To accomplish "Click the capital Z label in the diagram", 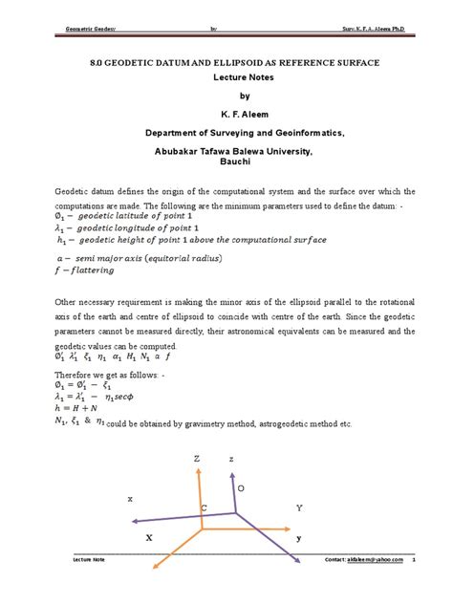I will [x=197, y=459].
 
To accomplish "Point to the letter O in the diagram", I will [x=241, y=488].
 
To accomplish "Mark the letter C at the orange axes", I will [x=203, y=507].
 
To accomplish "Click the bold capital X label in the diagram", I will [x=149, y=539].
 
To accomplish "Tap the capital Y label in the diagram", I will [x=298, y=507].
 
